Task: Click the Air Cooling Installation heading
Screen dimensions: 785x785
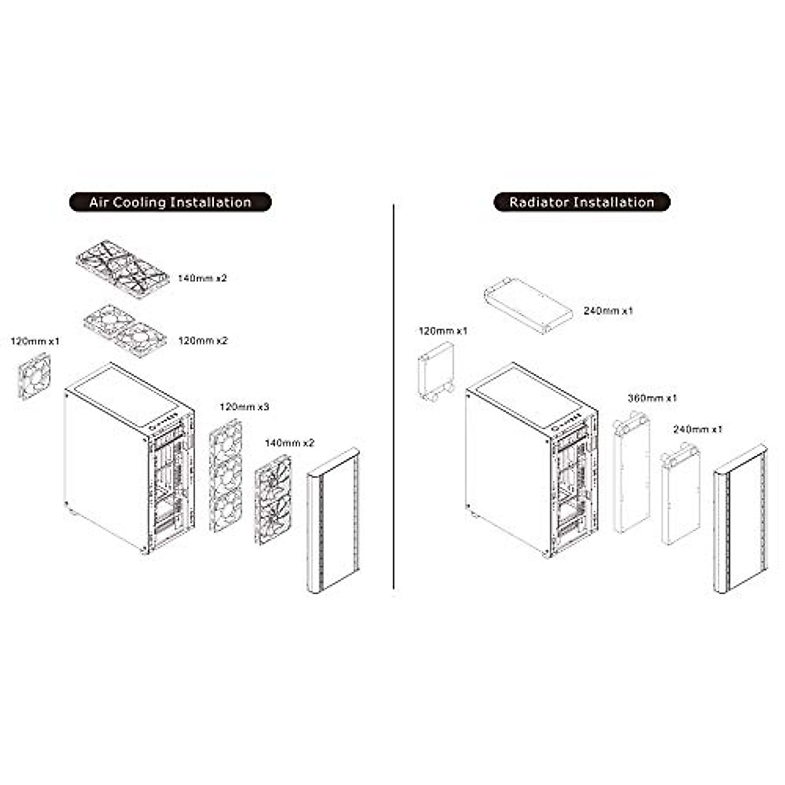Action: click(170, 202)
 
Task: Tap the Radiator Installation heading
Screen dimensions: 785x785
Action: click(582, 202)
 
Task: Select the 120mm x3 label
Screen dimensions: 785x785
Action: click(244, 407)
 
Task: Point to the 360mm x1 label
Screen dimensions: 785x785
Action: click(652, 398)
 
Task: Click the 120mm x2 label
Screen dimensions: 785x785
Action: click(203, 341)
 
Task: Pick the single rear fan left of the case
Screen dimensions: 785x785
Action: click(34, 376)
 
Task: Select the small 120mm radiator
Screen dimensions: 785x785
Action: click(435, 371)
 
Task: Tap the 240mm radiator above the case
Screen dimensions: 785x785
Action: click(528, 305)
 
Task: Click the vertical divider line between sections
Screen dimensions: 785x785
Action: click(393, 396)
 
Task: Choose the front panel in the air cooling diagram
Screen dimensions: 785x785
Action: click(333, 520)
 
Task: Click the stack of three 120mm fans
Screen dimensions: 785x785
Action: click(225, 475)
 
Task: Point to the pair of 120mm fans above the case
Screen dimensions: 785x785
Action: click(125, 330)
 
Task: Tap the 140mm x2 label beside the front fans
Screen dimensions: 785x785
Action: click(289, 443)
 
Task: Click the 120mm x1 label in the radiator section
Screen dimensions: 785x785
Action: click(443, 331)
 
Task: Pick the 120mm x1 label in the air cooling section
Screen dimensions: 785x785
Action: click(35, 341)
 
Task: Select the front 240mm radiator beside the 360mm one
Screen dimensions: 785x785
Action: click(680, 495)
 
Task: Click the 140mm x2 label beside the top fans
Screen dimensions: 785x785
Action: click(203, 278)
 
